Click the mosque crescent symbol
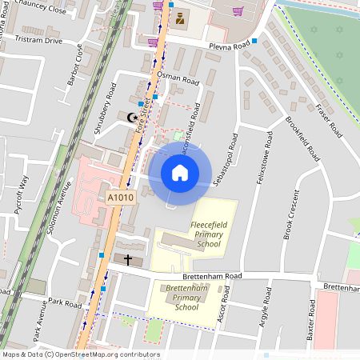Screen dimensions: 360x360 (x=133, y=118)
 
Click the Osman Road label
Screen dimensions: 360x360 (x=178, y=80)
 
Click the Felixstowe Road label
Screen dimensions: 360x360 (x=262, y=160)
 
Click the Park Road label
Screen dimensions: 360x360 (x=64, y=303)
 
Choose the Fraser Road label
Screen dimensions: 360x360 (x=328, y=120)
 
